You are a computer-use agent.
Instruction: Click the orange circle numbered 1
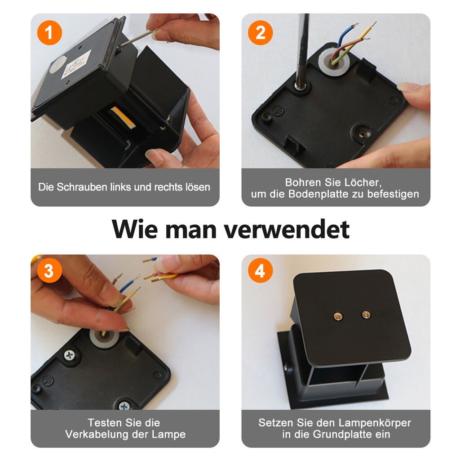[x=49, y=32]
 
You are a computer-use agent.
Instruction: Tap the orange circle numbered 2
[x=260, y=32]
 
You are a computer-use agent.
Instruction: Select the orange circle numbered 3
[x=49, y=270]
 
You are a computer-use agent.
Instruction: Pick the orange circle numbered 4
[x=260, y=270]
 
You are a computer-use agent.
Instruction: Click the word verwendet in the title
[x=287, y=229]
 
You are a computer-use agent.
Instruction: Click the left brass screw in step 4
[x=338, y=316]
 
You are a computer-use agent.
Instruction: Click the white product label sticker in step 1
[x=75, y=65]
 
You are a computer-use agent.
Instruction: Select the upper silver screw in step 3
[x=70, y=355]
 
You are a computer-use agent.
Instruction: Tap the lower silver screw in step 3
[x=124, y=406]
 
